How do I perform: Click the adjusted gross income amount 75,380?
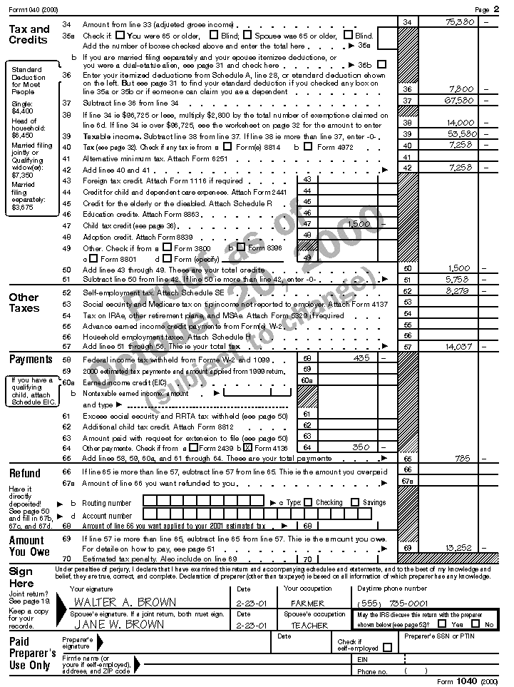(x=460, y=23)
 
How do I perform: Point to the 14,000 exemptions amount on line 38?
(x=461, y=123)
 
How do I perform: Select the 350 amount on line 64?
(x=361, y=447)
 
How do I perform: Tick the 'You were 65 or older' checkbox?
(x=120, y=35)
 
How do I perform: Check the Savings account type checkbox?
(x=355, y=502)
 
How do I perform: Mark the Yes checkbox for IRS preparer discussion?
(x=443, y=624)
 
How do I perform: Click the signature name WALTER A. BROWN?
(x=116, y=603)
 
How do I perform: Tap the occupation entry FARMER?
(x=307, y=603)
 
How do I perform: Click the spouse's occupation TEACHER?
(x=309, y=626)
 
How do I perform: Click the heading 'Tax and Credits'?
(x=29, y=34)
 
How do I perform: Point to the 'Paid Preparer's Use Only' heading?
(x=32, y=653)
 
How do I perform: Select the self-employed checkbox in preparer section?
(x=388, y=648)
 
